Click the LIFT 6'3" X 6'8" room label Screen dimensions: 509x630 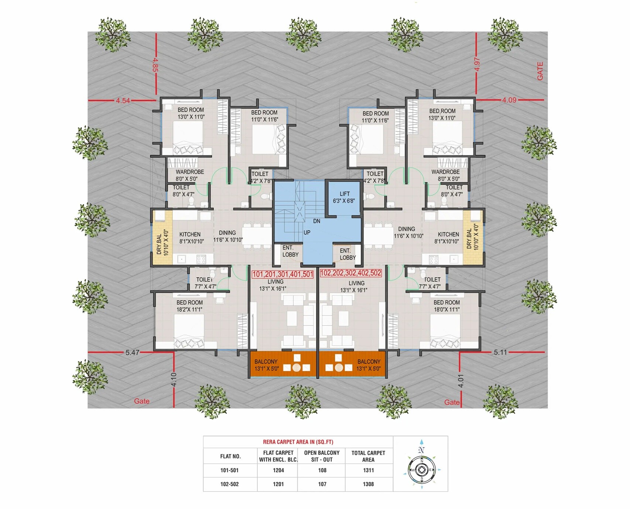pos(344,197)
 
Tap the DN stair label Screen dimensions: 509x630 pos(316,221)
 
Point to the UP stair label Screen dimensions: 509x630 pos(307,233)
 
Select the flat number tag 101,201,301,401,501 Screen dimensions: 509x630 pos(283,274)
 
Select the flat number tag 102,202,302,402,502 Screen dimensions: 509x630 pos(350,273)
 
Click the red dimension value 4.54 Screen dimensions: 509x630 pos(123,101)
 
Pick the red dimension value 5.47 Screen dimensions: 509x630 pos(132,353)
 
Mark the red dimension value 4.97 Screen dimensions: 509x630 pos(477,64)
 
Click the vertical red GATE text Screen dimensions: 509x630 pos(540,71)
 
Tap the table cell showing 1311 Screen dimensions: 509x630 pos(368,470)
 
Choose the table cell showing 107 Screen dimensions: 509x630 pos(322,484)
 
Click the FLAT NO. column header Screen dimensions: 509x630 pos(230,456)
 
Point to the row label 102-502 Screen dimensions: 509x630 pos(229,484)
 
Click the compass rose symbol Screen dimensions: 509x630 pos(422,469)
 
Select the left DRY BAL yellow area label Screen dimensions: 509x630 pos(162,242)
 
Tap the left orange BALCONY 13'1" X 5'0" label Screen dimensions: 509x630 pos(266,365)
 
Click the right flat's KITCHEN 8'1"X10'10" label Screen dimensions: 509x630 pos(448,238)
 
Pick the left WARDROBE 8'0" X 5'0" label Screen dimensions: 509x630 pos(189,175)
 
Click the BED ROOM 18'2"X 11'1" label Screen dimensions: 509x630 pos(189,306)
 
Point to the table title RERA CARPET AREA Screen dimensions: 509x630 pos(298,442)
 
